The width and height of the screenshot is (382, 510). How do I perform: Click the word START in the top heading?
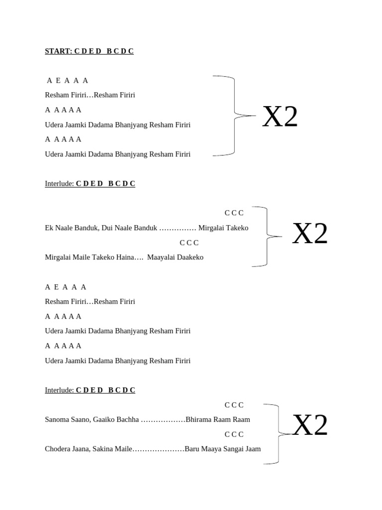click(58, 51)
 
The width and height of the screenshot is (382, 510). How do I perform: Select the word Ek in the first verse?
click(49, 228)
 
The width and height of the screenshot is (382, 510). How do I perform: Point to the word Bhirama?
click(198, 419)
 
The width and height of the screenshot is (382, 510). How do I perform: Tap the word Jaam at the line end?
click(253, 449)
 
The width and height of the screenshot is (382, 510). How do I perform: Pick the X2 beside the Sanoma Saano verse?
click(310, 425)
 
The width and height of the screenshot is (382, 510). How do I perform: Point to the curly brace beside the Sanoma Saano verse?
click(279, 434)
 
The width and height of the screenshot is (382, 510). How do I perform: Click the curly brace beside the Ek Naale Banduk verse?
click(267, 237)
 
